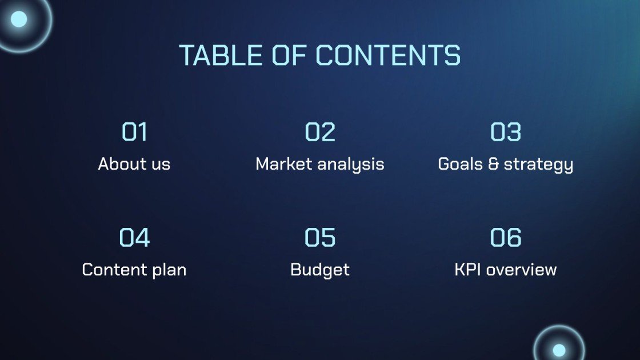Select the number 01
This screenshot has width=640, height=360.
coord(134,132)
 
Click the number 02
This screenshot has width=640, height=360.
coord(320,132)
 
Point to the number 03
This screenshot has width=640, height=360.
coord(506,132)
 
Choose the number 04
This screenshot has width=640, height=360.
coord(134,237)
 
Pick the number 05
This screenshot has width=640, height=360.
coord(320,237)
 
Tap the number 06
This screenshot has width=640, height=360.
coord(506,237)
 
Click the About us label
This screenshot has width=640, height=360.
coord(134,165)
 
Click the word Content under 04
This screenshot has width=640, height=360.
coord(114,270)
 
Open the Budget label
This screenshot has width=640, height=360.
coord(320,270)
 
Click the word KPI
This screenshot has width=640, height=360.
coord(466,270)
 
